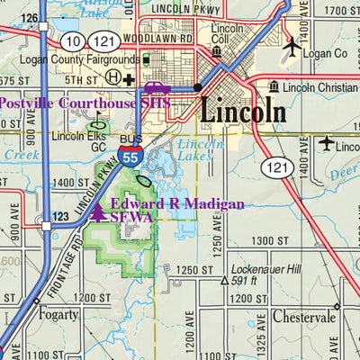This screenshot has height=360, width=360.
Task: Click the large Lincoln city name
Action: point(242,112)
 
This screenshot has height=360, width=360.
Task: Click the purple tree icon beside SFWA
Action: point(97,212)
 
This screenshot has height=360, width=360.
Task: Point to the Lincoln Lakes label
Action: point(198,149)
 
